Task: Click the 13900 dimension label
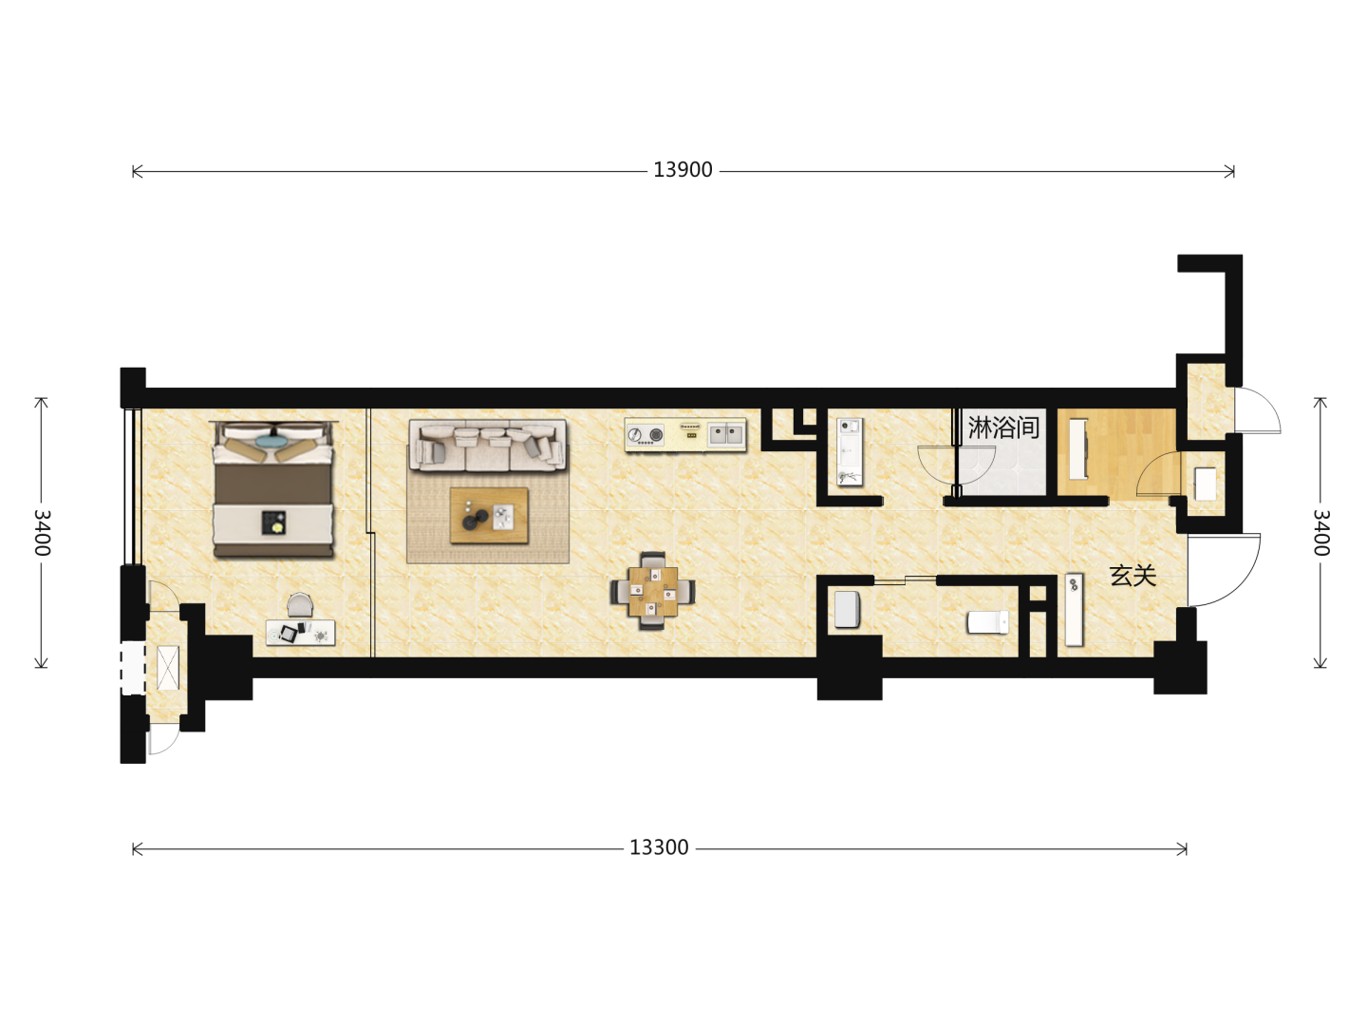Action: pos(682,170)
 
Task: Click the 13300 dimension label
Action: pos(659,847)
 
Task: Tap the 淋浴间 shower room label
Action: pos(1003,427)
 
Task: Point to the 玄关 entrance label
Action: pos(1133,576)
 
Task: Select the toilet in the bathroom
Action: pos(987,621)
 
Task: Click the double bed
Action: pos(273,489)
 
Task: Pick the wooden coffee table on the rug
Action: pos(489,516)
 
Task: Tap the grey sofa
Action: pos(488,446)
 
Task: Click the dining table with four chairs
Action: pos(652,591)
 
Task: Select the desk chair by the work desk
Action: pos(300,604)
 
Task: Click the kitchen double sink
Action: pos(725,433)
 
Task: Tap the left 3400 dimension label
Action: pos(42,533)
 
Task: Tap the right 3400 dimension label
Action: pos(1320,533)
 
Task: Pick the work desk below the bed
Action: pos(300,633)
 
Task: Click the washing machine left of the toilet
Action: pos(847,609)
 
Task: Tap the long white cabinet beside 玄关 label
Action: pos(1075,609)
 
